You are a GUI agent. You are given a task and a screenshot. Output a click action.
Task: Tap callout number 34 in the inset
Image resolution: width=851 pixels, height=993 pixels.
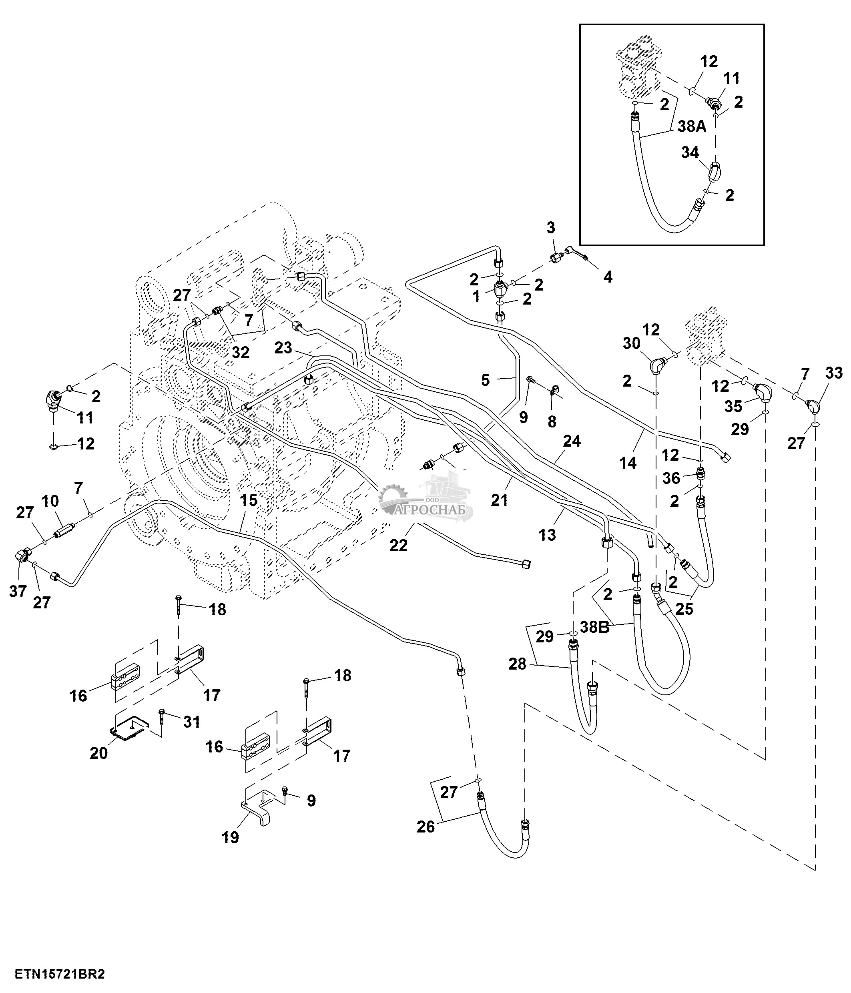pyautogui.click(x=690, y=152)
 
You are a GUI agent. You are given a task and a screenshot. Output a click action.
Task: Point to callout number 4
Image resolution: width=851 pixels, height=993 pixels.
pyautogui.click(x=608, y=277)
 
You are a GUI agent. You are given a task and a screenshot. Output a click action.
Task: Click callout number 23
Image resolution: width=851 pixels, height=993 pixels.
pyautogui.click(x=283, y=347)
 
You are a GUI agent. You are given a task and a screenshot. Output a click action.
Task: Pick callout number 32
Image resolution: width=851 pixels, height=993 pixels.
pyautogui.click(x=241, y=352)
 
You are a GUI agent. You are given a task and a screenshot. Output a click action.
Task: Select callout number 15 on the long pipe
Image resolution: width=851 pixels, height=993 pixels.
pyautogui.click(x=249, y=500)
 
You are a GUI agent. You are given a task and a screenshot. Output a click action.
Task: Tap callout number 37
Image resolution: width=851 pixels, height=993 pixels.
pyautogui.click(x=18, y=592)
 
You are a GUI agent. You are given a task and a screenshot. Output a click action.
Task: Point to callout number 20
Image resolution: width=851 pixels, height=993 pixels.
pyautogui.click(x=99, y=753)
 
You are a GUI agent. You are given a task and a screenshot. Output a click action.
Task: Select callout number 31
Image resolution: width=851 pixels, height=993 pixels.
pyautogui.click(x=192, y=721)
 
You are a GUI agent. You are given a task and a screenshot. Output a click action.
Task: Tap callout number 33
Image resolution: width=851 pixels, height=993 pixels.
pyautogui.click(x=834, y=373)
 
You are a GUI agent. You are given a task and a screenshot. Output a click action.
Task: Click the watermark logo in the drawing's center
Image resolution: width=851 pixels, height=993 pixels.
pyautogui.click(x=426, y=498)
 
